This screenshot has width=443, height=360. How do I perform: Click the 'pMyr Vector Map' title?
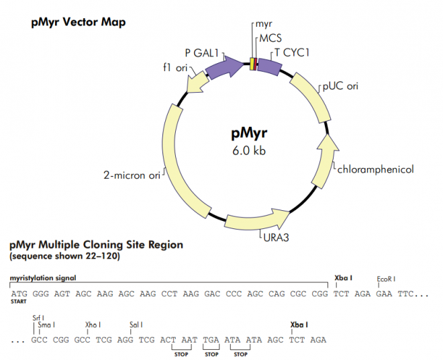click(78, 22)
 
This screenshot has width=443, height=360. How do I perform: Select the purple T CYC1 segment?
click(269, 66)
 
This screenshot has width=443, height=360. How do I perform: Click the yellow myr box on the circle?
click(252, 64)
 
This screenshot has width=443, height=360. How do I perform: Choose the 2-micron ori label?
click(132, 176)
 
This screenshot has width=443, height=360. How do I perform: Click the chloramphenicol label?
click(376, 169)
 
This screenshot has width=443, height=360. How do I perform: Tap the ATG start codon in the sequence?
click(19, 294)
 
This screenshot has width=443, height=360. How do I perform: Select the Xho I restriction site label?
click(93, 325)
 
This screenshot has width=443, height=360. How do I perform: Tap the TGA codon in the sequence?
click(211, 340)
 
